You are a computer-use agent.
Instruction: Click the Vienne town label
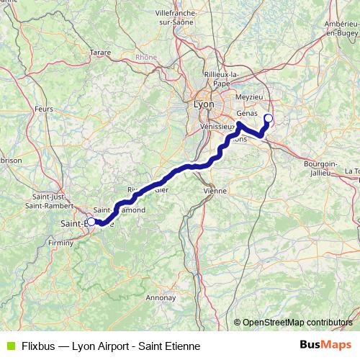215,192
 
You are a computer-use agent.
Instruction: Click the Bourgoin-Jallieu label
321,168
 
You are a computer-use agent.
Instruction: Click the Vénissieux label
217,125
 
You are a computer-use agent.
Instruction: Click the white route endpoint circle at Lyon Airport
269,118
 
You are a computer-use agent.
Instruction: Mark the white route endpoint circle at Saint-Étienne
91,222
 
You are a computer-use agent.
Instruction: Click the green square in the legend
9,346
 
